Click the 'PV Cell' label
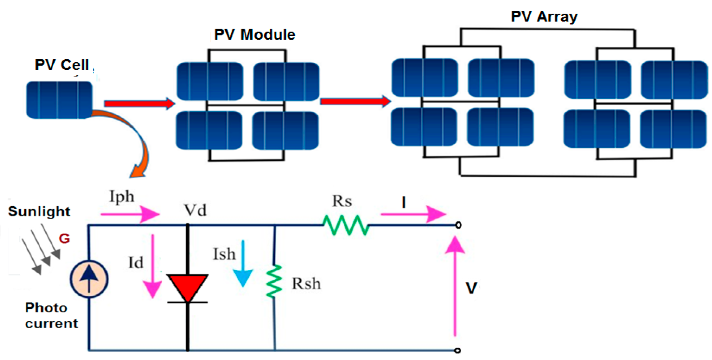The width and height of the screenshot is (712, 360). coord(62,65)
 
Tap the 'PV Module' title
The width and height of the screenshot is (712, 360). coord(255,34)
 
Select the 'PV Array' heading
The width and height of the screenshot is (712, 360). coord(544,16)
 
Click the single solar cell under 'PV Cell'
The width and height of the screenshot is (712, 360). coord(59,100)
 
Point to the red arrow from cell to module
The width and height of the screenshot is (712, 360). coord(139,104)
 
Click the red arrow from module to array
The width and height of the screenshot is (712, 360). coord(355,101)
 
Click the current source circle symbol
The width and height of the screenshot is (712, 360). coord(89,279)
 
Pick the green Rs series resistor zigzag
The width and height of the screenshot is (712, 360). coord(346,225)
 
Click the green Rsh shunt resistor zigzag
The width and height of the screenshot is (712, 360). coord(274,281)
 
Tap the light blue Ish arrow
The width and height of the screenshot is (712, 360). coord(243,265)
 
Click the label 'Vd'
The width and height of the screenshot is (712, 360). coord(195,211)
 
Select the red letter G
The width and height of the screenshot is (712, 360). coord(64,238)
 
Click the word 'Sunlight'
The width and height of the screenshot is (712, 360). coord(39,212)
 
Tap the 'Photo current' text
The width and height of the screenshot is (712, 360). coord(51,315)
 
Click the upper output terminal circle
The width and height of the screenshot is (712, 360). coord(458,225)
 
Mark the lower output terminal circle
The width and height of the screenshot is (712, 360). coord(458,350)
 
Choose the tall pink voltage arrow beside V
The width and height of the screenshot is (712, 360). coord(455,286)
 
